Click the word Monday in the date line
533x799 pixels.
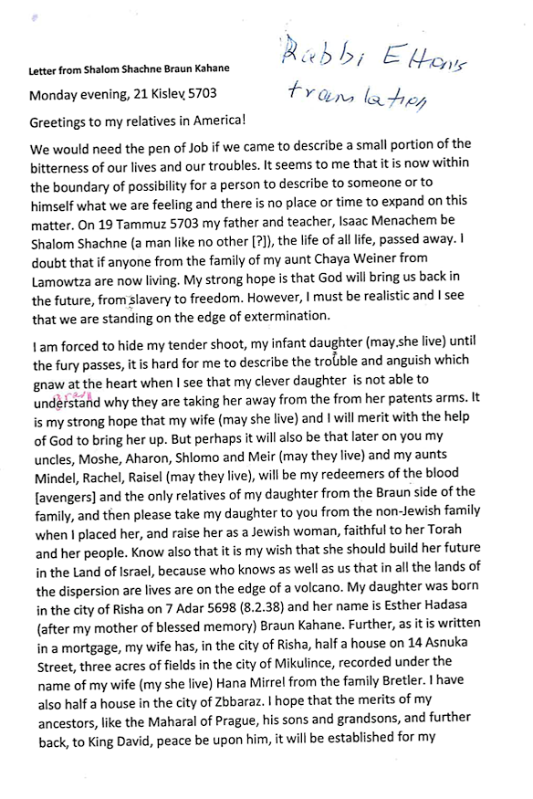(x=57, y=94)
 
